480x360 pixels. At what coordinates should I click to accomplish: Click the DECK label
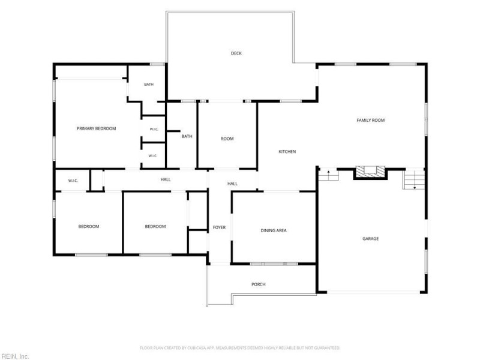pyautogui.click(x=236, y=53)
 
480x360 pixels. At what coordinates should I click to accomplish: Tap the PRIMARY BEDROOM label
pyautogui.click(x=96, y=128)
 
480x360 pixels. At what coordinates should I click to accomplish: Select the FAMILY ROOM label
pyautogui.click(x=370, y=121)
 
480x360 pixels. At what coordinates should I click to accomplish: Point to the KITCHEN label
pyautogui.click(x=287, y=152)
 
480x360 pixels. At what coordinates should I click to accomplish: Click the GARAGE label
pyautogui.click(x=370, y=238)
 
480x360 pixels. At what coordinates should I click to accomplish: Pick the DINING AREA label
pyautogui.click(x=274, y=230)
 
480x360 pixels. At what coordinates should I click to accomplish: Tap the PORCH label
pyautogui.click(x=259, y=284)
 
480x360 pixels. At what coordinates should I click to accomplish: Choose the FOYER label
pyautogui.click(x=219, y=227)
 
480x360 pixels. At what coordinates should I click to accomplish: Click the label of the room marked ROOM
pyautogui.click(x=227, y=139)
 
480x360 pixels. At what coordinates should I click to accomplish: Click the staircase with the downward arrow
pyautogui.click(x=414, y=179)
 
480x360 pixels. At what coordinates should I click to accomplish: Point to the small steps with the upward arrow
pyautogui.click(x=328, y=175)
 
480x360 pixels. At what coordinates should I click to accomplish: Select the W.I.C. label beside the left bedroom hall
pyautogui.click(x=73, y=181)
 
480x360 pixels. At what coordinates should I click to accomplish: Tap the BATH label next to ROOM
pyautogui.click(x=187, y=136)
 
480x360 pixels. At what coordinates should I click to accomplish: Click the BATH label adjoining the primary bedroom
pyautogui.click(x=149, y=84)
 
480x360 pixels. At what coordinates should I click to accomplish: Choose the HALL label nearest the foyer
pyautogui.click(x=232, y=184)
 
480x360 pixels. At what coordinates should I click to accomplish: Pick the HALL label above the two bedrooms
pyautogui.click(x=166, y=179)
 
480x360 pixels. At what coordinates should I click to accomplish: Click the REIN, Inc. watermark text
pyautogui.click(x=14, y=356)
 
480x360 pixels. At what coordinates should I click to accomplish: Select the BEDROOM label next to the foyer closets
pyautogui.click(x=155, y=227)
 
